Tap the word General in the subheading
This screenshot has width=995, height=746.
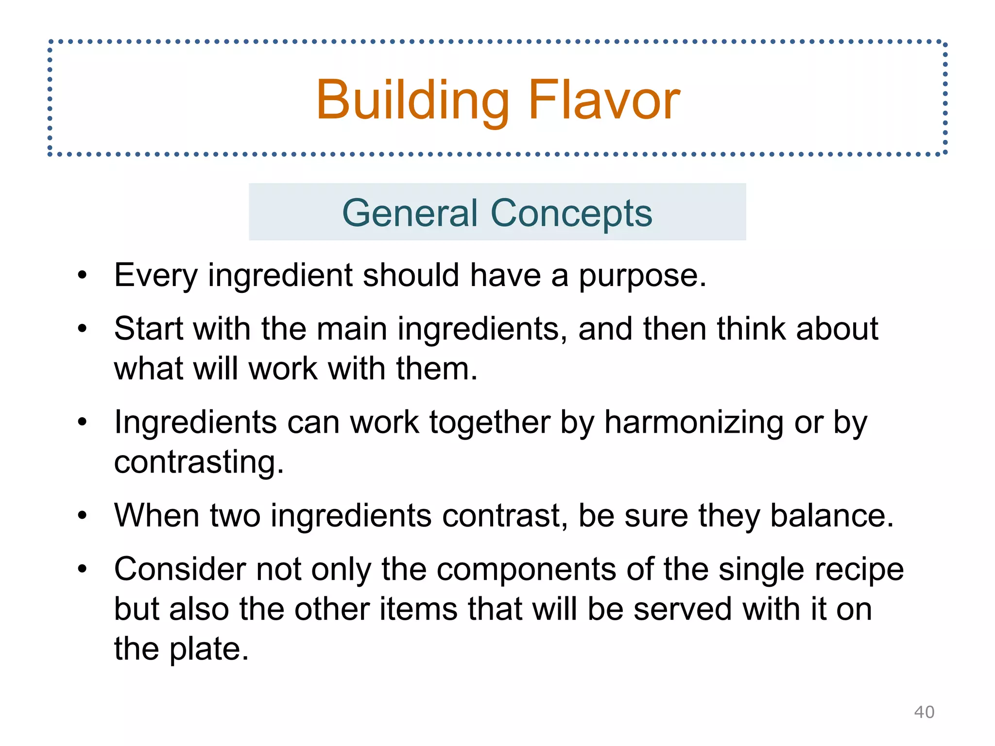(x=410, y=213)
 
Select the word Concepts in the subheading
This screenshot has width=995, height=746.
(x=571, y=213)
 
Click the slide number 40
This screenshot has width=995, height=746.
(x=924, y=712)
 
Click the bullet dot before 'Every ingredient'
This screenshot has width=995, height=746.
(x=82, y=275)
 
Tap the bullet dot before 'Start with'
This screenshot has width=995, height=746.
(x=82, y=329)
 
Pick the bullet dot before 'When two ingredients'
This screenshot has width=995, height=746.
(x=82, y=515)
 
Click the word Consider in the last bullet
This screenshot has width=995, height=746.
(x=180, y=569)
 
